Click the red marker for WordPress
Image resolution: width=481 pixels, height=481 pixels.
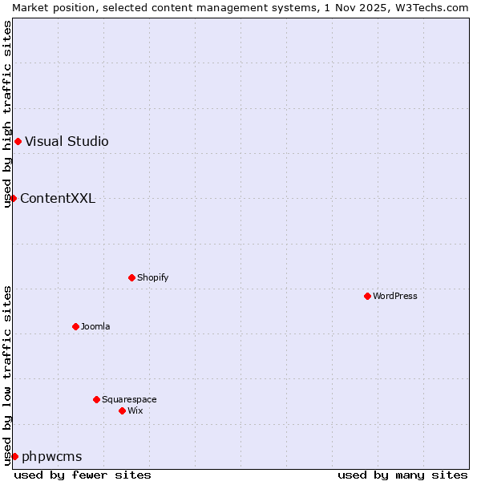coord(367,296)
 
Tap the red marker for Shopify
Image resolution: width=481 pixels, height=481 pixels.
coord(131,277)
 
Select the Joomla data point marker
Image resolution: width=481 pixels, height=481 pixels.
coord(75,326)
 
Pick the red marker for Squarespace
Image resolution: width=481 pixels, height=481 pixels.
coord(96,399)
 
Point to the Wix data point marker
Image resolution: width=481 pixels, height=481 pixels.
coord(122,410)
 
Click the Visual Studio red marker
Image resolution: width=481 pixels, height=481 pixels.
coord(18,141)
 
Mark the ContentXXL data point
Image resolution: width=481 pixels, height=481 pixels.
coord(14,198)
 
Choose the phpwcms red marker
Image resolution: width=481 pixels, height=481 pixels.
coord(14,456)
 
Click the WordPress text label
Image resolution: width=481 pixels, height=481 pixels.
coord(395,296)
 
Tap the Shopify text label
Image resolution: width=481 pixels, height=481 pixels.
coord(152,277)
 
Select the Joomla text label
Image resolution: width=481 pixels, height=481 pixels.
coord(95,326)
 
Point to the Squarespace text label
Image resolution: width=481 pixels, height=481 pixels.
coord(129,399)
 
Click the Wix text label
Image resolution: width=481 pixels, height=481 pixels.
coord(135,410)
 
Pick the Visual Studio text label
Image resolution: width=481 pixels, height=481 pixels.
coord(67,141)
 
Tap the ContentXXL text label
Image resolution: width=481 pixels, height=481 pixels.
coord(58,198)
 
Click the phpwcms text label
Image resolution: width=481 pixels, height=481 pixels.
coord(52,456)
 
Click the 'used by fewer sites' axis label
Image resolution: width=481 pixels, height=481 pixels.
coord(83,475)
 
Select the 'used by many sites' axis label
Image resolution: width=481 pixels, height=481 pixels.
coord(402,475)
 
